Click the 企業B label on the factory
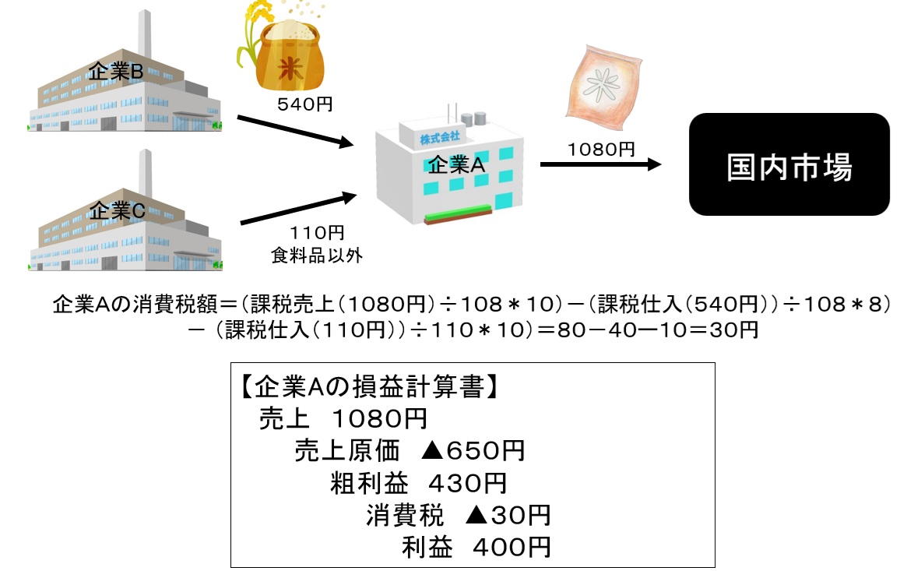(116, 72)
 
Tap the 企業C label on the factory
(117, 210)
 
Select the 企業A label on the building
(456, 165)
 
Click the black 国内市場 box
(789, 164)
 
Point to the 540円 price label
(305, 104)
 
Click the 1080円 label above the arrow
(601, 150)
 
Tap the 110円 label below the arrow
(317, 233)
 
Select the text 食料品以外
(316, 256)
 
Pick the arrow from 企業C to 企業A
(298, 208)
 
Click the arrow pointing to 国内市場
(600, 164)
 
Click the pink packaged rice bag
(603, 86)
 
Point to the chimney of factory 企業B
(145, 33)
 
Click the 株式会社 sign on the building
(440, 138)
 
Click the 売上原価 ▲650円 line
(410, 451)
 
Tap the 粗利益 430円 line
(418, 483)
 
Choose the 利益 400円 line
(476, 547)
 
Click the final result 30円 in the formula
(733, 330)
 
